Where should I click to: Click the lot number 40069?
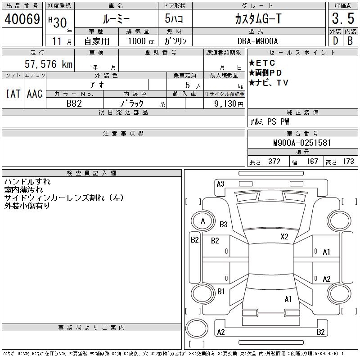coord(22,19)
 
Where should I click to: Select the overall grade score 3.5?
coord(342,19)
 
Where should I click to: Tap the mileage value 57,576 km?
coord(49,64)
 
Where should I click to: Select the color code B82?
coord(74,103)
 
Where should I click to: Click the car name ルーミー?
coord(116,19)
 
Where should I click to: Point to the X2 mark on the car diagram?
coord(284,237)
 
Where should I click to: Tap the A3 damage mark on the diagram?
coord(220,184)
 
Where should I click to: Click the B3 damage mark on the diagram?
coord(224,225)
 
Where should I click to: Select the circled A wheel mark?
coord(203,221)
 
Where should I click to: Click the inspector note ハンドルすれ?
coord(27,182)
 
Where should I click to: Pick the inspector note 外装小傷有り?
coord(27,206)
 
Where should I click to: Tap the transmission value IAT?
coord(12,94)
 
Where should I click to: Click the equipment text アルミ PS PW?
coord(270,121)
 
